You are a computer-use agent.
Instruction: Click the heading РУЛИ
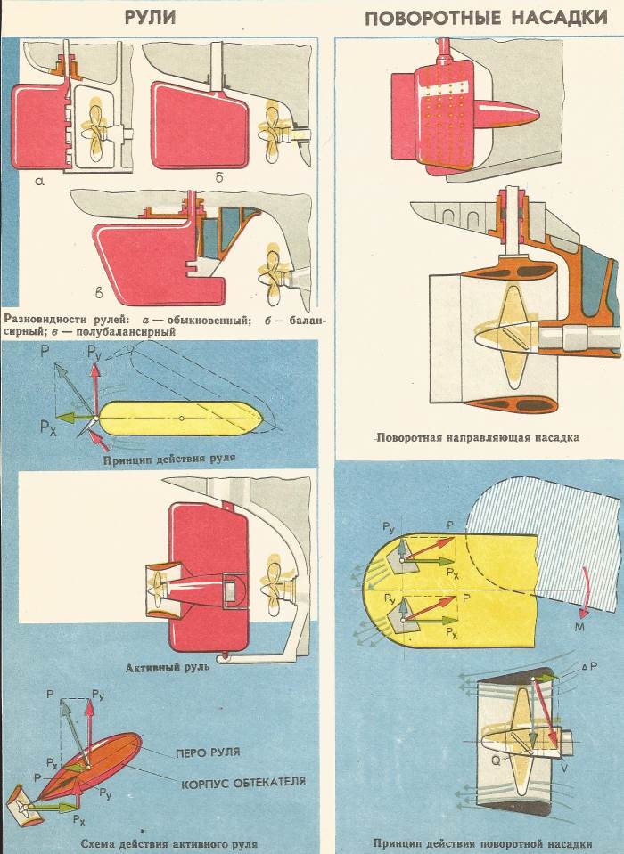pyautogui.click(x=150, y=17)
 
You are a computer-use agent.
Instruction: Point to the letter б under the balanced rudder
pyautogui.click(x=219, y=176)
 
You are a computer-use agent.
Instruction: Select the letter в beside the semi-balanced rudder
pyautogui.click(x=99, y=294)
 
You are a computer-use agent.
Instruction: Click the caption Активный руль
pyautogui.click(x=168, y=668)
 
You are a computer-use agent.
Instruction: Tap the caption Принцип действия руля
pyautogui.click(x=169, y=458)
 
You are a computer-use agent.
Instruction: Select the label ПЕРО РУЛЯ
pyautogui.click(x=208, y=752)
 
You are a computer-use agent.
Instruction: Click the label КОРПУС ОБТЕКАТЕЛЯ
pyautogui.click(x=243, y=783)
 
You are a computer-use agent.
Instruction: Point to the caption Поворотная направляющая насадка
pyautogui.click(x=478, y=437)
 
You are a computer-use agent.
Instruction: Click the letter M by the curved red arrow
pyautogui.click(x=579, y=628)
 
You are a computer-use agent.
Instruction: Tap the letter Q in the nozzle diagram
pyautogui.click(x=496, y=760)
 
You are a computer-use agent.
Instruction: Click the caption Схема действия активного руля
pyautogui.click(x=169, y=844)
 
